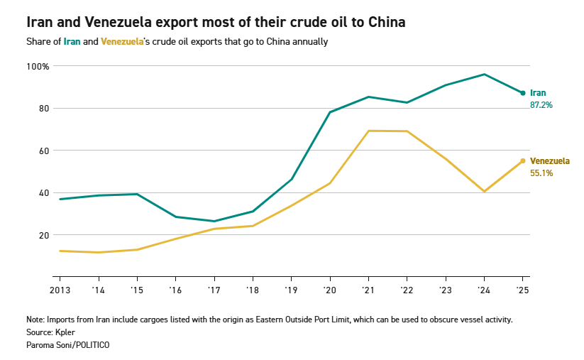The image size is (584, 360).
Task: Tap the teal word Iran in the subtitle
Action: [72, 42]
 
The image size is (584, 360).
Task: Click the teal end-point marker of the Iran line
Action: [523, 93]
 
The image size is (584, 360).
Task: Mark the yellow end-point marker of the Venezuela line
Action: [523, 160]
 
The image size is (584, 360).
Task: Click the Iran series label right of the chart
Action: [538, 93]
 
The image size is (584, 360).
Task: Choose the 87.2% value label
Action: [541, 105]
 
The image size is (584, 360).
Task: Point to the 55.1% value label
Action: [541, 173]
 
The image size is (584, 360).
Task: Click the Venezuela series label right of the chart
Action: [550, 161]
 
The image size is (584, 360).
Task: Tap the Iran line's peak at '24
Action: [484, 74]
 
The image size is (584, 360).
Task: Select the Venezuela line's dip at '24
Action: [484, 191]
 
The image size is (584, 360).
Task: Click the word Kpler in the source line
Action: [66, 332]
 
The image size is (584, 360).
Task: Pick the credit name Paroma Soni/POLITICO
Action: [67, 344]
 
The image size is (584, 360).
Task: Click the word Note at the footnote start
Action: [35, 320]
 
